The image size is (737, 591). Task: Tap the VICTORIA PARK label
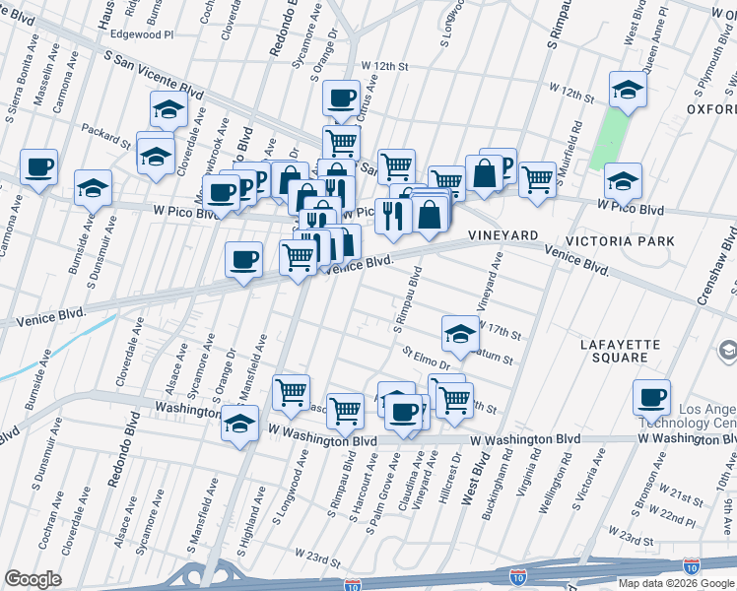[x=620, y=241]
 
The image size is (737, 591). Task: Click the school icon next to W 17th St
[x=459, y=334]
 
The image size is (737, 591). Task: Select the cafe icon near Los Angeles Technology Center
[x=651, y=397]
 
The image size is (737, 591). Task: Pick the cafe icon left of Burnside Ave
[x=38, y=166]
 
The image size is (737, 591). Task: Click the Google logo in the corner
[x=33, y=579]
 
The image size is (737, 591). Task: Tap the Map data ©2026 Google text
[x=674, y=583]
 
